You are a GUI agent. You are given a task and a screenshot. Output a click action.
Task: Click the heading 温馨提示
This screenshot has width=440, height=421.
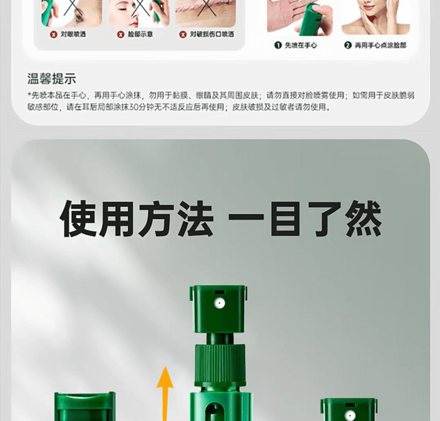52,79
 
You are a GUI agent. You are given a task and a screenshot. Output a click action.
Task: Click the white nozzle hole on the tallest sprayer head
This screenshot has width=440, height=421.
218,303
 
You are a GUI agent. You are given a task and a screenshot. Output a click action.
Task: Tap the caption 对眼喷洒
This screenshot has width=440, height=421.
73,35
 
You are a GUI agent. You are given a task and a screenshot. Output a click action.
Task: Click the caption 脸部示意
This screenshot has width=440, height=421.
140,35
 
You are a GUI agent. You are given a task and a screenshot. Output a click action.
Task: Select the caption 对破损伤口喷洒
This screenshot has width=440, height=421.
211,35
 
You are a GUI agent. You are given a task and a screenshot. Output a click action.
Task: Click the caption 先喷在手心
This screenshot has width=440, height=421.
301,45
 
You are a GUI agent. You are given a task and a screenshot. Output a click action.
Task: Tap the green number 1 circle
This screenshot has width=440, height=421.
278,45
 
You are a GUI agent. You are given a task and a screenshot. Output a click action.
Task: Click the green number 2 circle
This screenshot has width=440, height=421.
347,45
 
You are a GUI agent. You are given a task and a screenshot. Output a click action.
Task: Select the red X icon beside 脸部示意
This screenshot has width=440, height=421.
121,35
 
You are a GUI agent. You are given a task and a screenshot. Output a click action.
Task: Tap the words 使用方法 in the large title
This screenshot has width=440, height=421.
136,219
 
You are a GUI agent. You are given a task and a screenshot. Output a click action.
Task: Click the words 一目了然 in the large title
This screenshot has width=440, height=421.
304,219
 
